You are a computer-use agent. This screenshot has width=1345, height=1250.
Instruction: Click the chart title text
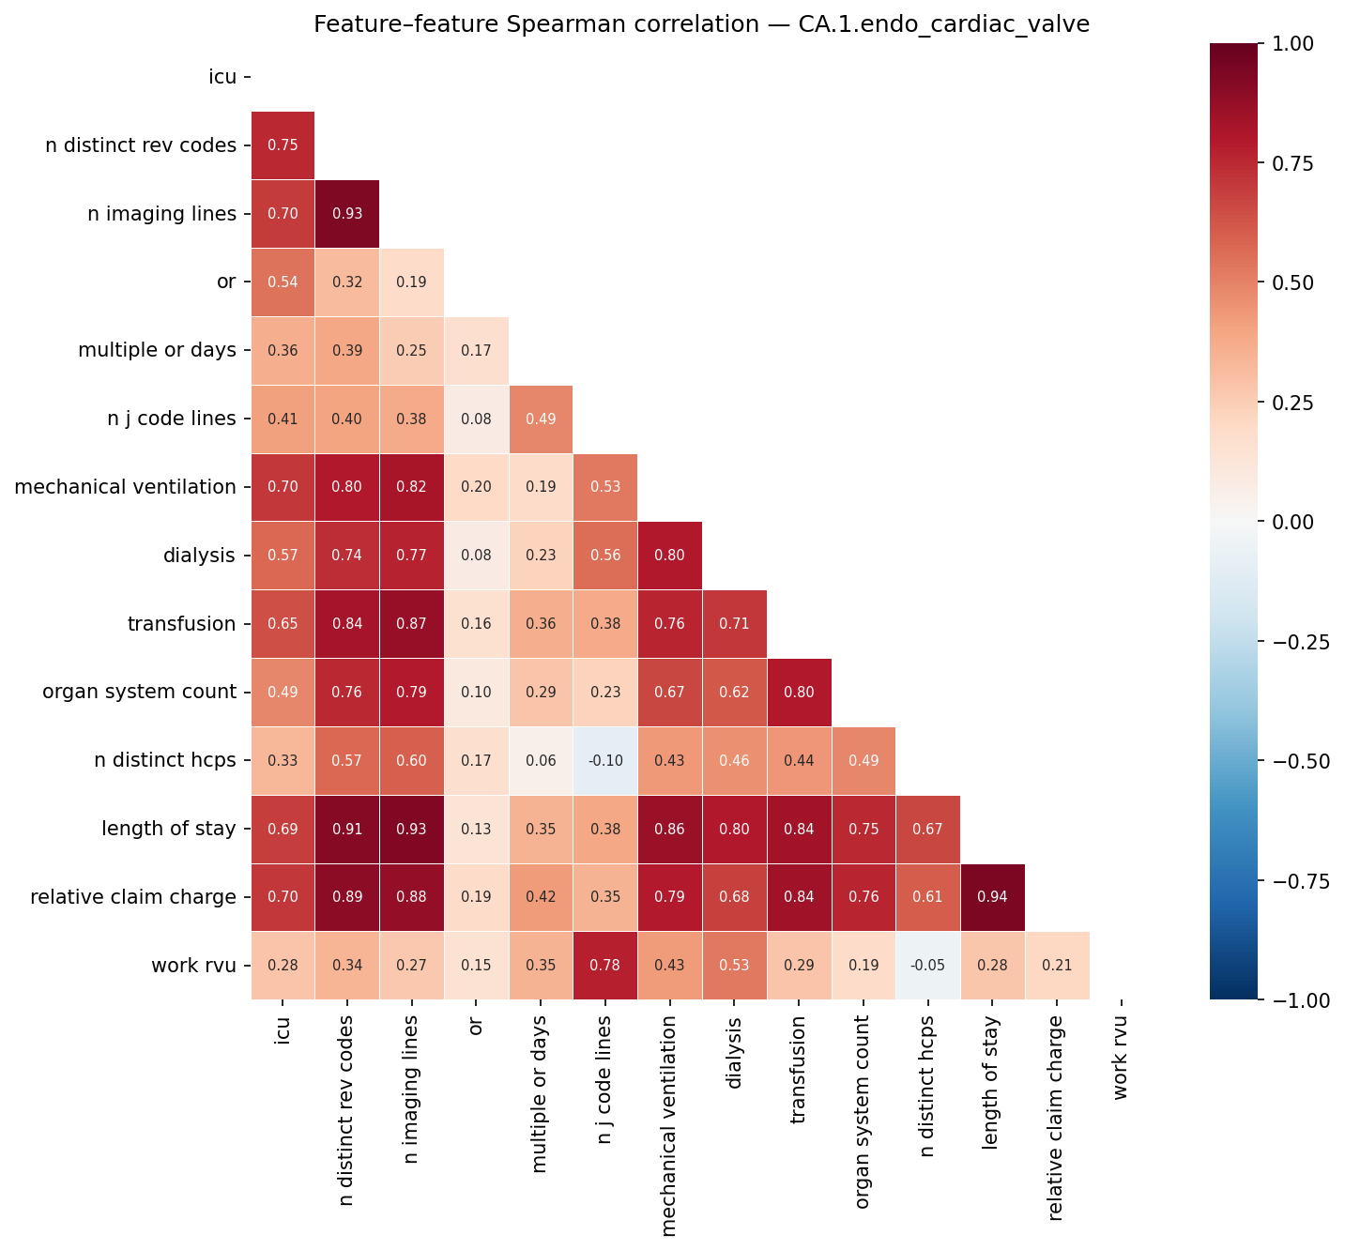[701, 24]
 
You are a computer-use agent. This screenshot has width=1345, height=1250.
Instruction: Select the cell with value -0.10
[605, 761]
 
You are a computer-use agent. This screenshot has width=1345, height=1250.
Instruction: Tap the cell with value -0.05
[928, 966]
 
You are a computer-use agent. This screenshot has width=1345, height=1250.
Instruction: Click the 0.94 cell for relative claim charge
[992, 897]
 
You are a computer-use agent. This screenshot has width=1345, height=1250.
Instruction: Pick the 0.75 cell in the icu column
[283, 145]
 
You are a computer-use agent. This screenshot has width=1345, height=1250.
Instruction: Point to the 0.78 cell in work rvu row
[605, 966]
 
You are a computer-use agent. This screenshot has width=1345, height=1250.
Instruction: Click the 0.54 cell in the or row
[283, 282]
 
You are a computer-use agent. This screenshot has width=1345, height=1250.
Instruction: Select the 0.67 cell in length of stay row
[928, 830]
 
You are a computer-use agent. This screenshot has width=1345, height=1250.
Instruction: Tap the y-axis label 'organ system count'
[139, 693]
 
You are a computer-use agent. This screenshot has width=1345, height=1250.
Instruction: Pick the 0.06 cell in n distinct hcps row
[541, 761]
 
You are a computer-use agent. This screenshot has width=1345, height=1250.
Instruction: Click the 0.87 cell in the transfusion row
[411, 624]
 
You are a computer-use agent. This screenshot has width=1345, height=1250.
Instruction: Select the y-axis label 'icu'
[222, 77]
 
